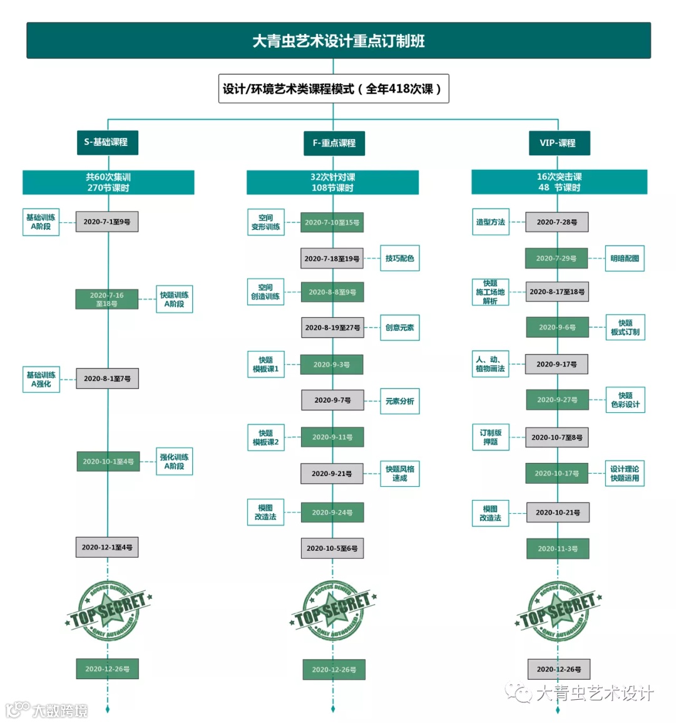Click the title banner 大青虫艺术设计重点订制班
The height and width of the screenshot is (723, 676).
click(x=338, y=41)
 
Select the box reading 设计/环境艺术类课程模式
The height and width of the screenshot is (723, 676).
click(x=333, y=88)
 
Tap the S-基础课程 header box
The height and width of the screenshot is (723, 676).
click(x=106, y=142)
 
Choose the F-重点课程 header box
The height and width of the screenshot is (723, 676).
click(x=334, y=143)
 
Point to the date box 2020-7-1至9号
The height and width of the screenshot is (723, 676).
click(x=107, y=222)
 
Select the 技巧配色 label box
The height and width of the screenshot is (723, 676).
click(x=399, y=258)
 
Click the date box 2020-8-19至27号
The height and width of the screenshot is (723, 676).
click(x=332, y=328)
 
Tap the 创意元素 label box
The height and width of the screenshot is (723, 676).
click(x=399, y=328)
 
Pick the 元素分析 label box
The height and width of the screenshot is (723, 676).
click(x=399, y=401)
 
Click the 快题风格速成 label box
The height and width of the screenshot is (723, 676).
click(x=399, y=474)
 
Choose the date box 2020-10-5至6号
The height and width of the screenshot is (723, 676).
click(x=332, y=548)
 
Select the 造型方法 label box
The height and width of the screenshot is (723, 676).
click(x=490, y=222)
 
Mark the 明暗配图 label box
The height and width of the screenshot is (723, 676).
click(x=624, y=258)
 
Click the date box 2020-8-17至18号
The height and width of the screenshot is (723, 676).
click(x=557, y=292)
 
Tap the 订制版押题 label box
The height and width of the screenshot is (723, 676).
click(x=490, y=437)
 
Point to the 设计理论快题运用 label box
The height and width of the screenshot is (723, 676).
click(x=625, y=474)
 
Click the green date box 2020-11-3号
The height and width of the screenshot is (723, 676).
click(x=558, y=549)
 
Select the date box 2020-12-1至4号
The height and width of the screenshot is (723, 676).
click(x=107, y=548)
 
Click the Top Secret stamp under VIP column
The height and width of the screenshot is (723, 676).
click(x=557, y=611)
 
